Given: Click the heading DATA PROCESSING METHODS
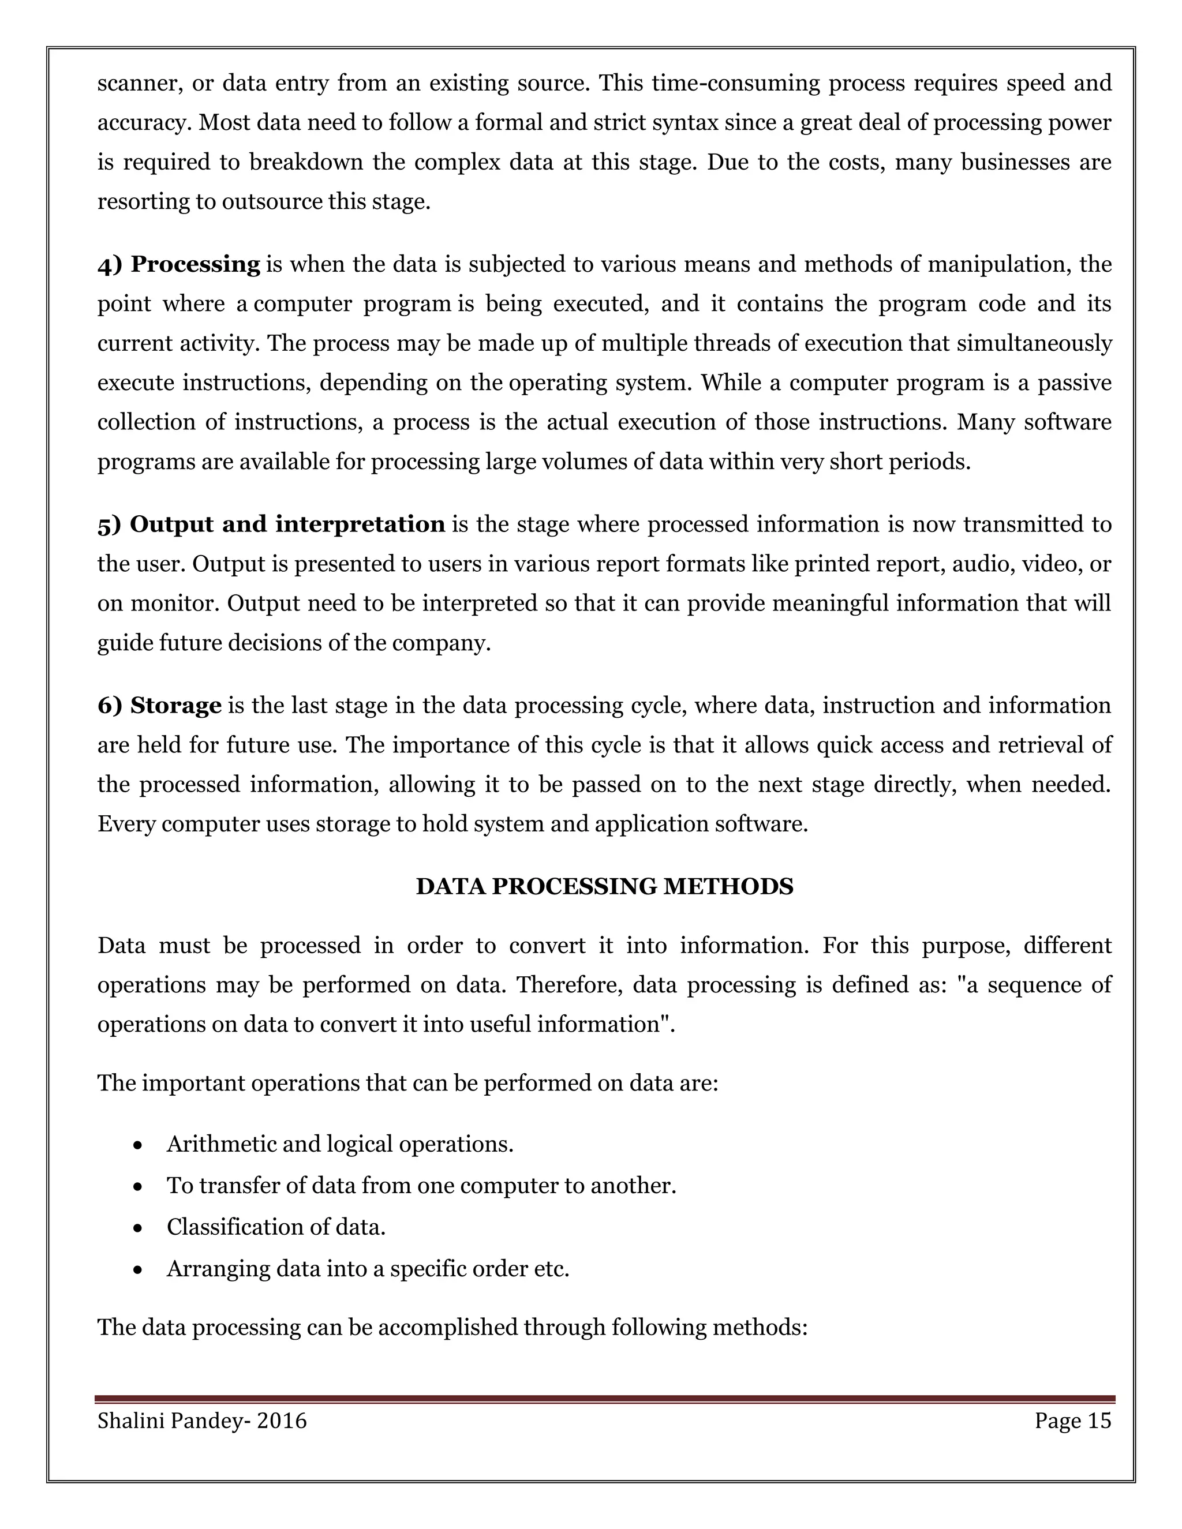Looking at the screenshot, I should pyautogui.click(x=604, y=886).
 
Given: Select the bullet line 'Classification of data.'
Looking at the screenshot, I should pyautogui.click(x=276, y=1227).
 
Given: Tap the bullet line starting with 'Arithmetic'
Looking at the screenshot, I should pyautogui.click(x=339, y=1144).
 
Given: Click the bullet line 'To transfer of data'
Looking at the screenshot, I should pyautogui.click(x=421, y=1185).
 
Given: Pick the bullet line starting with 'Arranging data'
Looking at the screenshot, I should pyautogui.click(x=368, y=1268).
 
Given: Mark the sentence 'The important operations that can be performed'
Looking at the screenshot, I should pyautogui.click(x=407, y=1083).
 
